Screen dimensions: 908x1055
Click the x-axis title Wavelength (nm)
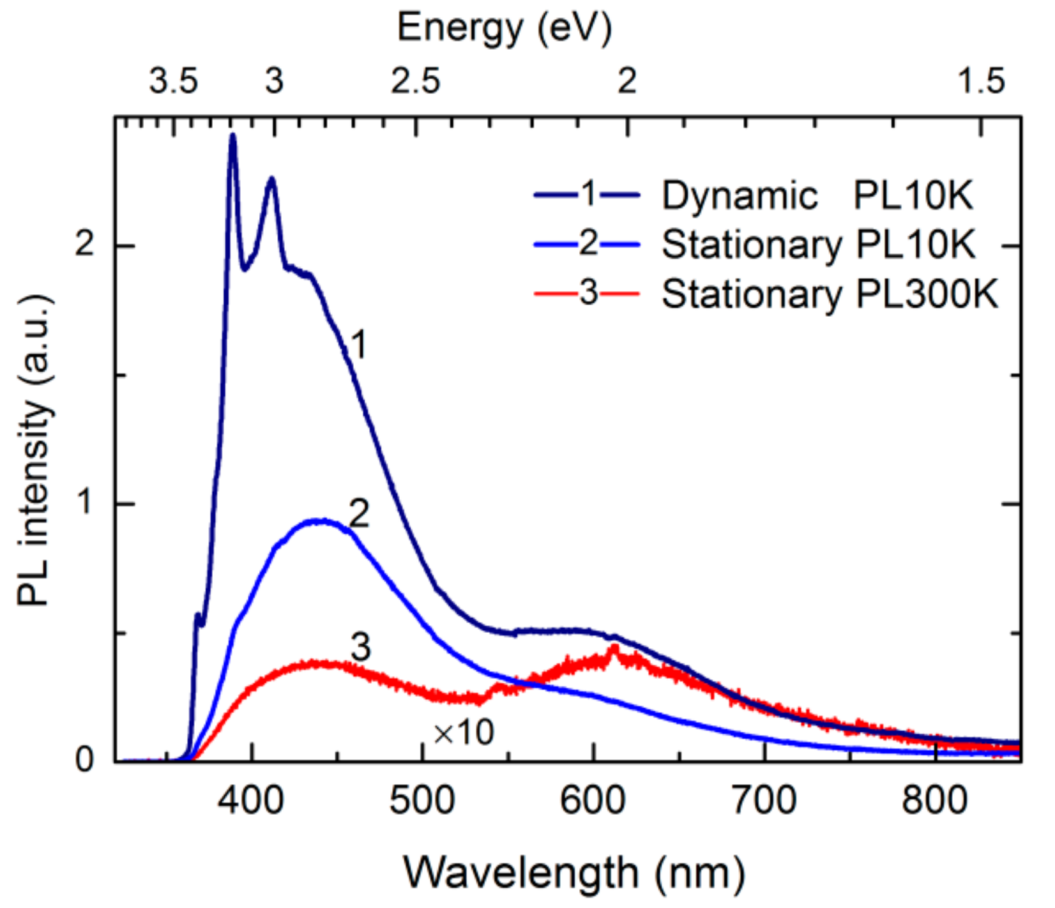coord(574,872)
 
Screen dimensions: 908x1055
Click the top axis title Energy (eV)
coord(505,28)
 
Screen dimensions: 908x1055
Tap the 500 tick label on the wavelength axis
coord(422,799)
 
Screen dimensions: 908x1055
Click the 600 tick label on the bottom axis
coord(593,799)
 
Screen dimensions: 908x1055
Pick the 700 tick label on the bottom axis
coord(764,799)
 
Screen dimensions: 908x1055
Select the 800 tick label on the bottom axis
coord(934,799)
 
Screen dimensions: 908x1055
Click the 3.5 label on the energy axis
coord(174,82)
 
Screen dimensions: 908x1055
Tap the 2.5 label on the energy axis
coord(416,82)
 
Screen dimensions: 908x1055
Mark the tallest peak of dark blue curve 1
coord(233,136)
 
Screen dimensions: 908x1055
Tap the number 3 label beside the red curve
coord(361,647)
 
